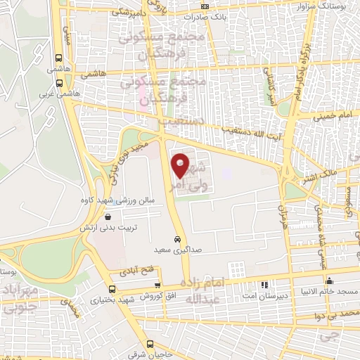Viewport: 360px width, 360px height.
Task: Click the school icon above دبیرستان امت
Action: [265, 285]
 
